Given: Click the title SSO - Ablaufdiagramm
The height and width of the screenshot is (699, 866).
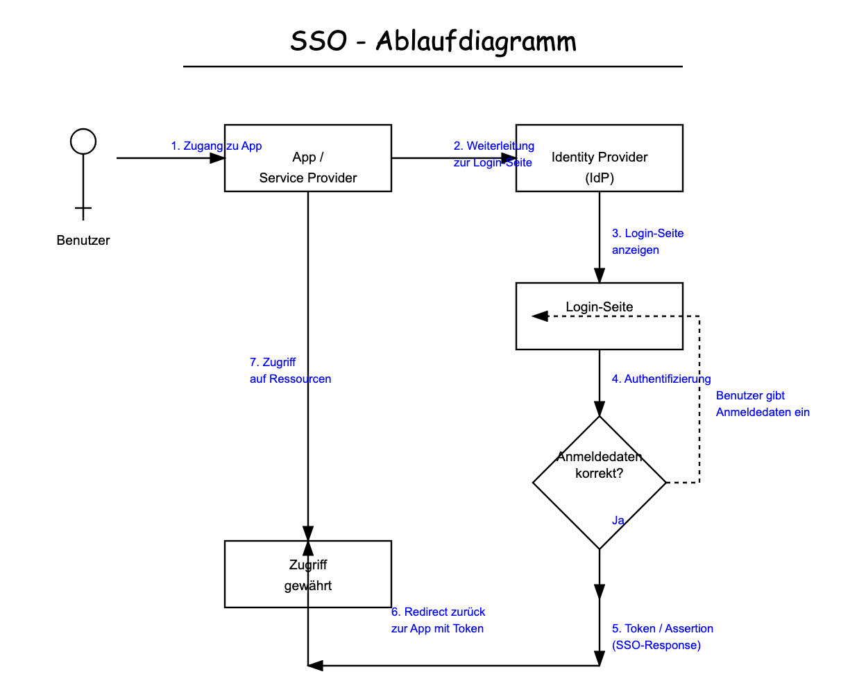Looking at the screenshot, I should [x=433, y=42].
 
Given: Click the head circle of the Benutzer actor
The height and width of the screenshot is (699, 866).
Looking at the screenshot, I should [x=83, y=141].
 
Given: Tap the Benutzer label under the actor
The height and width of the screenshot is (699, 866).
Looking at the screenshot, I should [x=83, y=241].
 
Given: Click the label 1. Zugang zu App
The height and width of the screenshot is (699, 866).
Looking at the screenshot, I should [x=216, y=146].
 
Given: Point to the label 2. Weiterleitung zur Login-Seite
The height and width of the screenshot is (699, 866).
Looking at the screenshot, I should [x=493, y=154].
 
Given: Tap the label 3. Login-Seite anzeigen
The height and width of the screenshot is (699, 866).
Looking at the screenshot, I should [x=647, y=241].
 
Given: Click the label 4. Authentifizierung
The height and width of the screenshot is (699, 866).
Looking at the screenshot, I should [x=661, y=379].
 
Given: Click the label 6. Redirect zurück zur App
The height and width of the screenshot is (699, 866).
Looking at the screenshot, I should [x=438, y=620].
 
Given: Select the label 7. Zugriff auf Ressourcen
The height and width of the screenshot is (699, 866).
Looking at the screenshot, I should [x=290, y=370].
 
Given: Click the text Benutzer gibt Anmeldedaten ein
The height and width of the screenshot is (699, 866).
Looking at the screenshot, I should [x=763, y=404].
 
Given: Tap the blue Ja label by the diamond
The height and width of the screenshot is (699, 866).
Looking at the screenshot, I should [x=618, y=520].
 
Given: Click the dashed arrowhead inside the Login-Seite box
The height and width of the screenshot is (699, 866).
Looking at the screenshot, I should [x=540, y=316].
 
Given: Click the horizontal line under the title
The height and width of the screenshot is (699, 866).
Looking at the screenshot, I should [x=433, y=67].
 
